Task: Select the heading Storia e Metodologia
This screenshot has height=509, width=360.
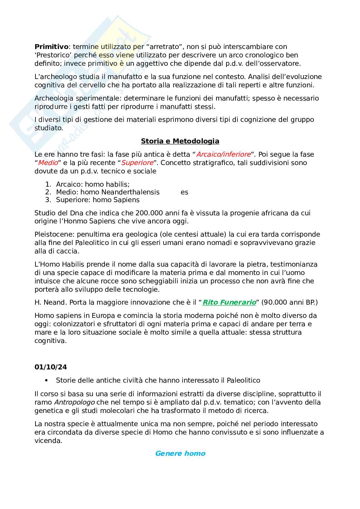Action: click(x=180, y=141)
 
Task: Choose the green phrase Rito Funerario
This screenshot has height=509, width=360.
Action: click(x=229, y=302)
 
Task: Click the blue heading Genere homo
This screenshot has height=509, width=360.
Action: click(x=180, y=454)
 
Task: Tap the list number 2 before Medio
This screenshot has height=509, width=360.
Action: click(x=48, y=192)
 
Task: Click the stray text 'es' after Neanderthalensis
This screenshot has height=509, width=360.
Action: click(x=184, y=192)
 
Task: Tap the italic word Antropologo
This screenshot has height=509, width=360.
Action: click(x=74, y=402)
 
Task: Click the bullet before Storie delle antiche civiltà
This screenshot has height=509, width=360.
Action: click(x=47, y=380)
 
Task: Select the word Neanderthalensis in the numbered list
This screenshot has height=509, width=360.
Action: click(x=130, y=192)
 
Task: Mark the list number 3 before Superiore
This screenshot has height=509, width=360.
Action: click(x=48, y=200)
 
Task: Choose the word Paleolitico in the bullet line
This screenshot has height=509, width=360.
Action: click(x=243, y=380)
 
